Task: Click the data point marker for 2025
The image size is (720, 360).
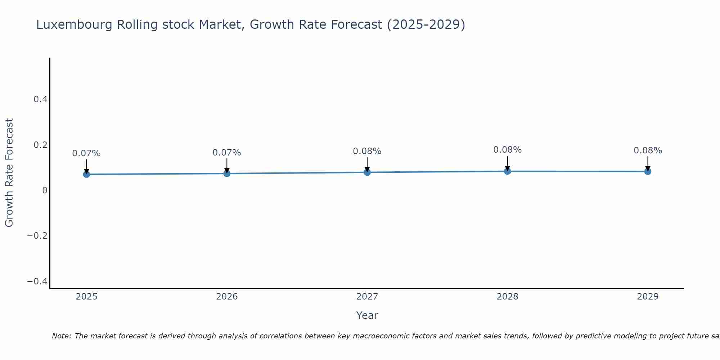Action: [86, 174]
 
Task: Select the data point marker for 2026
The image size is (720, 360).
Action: [227, 174]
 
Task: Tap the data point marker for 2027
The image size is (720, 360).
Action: [367, 172]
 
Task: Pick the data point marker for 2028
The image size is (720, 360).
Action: [507, 171]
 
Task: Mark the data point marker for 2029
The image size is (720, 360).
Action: [648, 171]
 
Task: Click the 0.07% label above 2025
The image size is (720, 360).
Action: [86, 153]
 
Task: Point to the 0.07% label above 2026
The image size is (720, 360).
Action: [227, 153]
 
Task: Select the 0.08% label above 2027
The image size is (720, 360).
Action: [367, 151]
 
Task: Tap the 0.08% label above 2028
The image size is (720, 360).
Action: [507, 150]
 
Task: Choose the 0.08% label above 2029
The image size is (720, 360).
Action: [648, 150]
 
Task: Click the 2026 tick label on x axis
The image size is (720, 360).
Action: [227, 297]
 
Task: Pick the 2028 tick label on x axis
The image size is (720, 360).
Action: [507, 297]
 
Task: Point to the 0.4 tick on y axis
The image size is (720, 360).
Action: [41, 99]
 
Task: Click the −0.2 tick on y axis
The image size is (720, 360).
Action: [37, 236]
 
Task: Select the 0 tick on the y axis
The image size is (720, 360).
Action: [45, 190]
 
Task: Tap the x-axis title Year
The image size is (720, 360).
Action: [367, 315]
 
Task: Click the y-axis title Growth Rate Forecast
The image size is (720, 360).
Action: [9, 173]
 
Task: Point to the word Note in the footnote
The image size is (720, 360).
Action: [61, 336]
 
